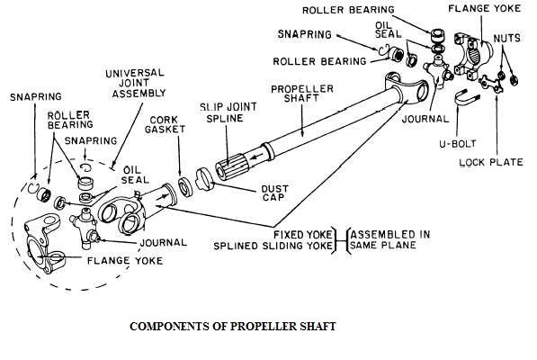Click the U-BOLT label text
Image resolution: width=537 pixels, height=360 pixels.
458,143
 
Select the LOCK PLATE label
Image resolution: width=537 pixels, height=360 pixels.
491,162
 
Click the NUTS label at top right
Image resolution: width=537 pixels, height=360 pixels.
506,38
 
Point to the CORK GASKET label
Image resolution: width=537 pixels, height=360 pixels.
165,125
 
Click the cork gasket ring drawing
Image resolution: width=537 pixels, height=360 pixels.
186,187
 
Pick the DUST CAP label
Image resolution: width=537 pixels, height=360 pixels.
274,193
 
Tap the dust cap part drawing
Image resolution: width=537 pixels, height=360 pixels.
204,178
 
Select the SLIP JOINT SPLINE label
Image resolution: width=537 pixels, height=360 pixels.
228,113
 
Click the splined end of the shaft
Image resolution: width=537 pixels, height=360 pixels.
231,166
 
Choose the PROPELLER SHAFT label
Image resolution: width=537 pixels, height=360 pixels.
302,94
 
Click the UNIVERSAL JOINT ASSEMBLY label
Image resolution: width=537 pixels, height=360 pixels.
135,83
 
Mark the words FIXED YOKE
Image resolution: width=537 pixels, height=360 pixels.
303,235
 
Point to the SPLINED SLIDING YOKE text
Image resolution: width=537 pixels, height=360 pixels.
273,246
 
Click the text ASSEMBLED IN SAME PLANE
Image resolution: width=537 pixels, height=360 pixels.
389,239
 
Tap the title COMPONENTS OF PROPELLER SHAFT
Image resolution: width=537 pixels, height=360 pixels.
233,326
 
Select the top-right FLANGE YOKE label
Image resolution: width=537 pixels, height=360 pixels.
484,9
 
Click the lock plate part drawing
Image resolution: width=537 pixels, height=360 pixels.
490,84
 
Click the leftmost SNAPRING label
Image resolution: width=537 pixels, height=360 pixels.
36,97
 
